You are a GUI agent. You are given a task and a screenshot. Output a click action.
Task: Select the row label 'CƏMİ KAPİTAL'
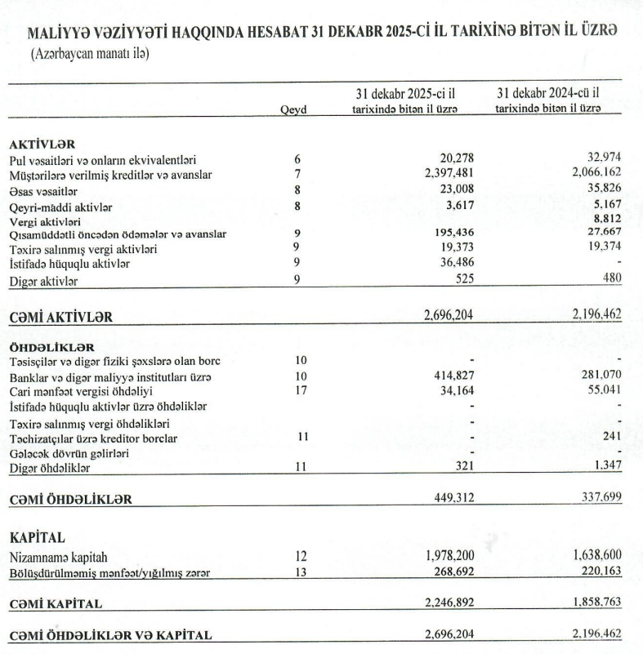click(56, 604)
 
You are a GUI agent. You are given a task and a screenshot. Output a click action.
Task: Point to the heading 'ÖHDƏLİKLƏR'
click(47, 346)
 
